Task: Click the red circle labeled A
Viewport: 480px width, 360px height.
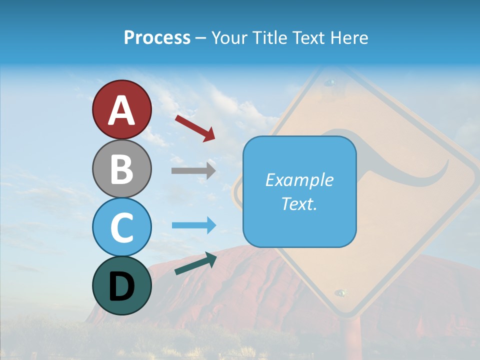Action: tap(121, 109)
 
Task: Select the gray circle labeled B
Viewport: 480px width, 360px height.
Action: tap(121, 168)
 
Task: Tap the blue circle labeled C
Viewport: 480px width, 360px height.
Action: tap(121, 227)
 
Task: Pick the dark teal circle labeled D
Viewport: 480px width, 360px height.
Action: tap(121, 285)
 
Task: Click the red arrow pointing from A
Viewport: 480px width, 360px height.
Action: tap(195, 128)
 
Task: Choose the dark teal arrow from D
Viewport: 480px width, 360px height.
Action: tap(195, 263)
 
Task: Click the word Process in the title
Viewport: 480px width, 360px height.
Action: tap(157, 37)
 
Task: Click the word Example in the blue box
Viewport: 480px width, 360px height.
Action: tap(299, 180)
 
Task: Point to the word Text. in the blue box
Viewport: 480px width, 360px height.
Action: tap(299, 203)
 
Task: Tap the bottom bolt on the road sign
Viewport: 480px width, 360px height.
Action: tap(341, 292)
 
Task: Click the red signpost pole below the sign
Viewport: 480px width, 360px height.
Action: tap(352, 340)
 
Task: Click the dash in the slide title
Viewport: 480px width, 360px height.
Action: tap(201, 38)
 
